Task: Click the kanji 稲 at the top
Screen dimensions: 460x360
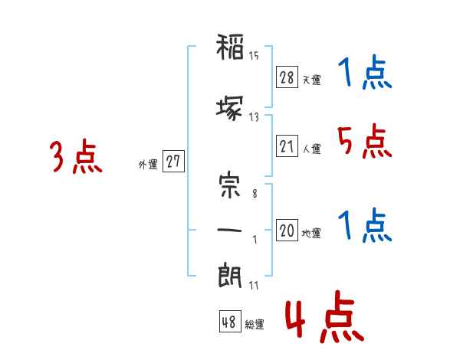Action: coord(230,47)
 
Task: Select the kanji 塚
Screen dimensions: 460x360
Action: coord(230,108)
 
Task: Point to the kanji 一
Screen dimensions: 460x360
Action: coord(229,230)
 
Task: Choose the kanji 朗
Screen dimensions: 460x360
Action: coord(230,275)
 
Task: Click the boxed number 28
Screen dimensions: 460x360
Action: coord(287,77)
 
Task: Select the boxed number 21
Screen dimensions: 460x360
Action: coord(287,146)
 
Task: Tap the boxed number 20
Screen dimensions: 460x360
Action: coord(287,230)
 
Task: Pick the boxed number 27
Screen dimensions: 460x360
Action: coord(173,161)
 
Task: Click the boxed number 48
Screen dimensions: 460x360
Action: coord(230,321)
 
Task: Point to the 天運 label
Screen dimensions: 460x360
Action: coord(311,80)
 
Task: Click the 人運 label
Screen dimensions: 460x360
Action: coord(311,149)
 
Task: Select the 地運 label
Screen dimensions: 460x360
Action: coord(311,234)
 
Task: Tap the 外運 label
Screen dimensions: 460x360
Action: coord(148,165)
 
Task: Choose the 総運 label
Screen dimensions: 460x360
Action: coord(255,324)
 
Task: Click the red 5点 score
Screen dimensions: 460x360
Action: coord(364,141)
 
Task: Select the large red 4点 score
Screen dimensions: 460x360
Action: coord(325,316)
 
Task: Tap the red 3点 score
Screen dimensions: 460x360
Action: coord(76,156)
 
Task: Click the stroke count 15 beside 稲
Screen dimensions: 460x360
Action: coord(254,56)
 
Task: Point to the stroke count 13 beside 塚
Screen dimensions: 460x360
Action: coord(254,117)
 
